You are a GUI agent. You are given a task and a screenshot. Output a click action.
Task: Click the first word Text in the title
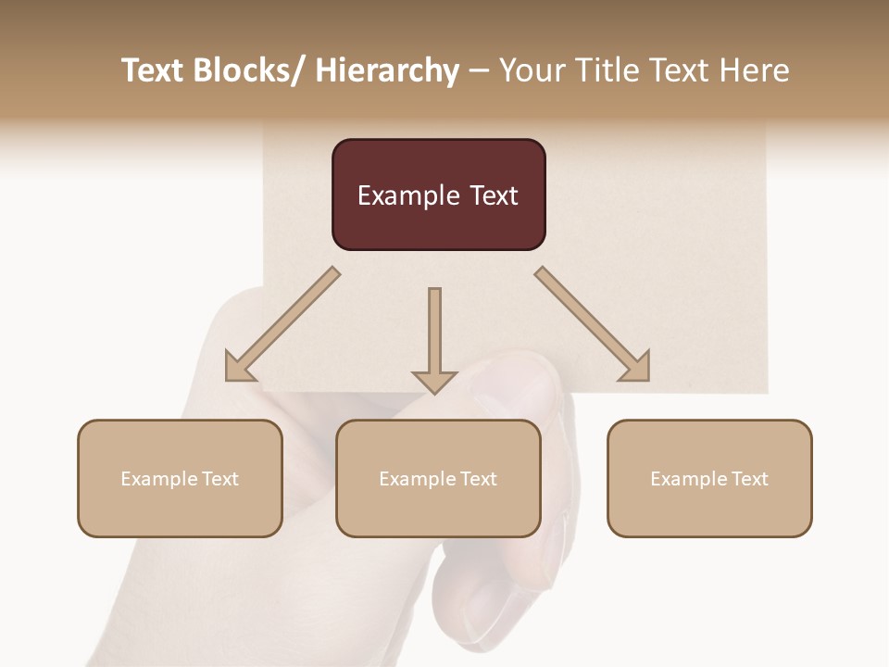152,71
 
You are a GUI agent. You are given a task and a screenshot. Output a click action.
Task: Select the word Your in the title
532,71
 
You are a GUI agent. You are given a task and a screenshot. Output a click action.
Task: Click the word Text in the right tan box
749,479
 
